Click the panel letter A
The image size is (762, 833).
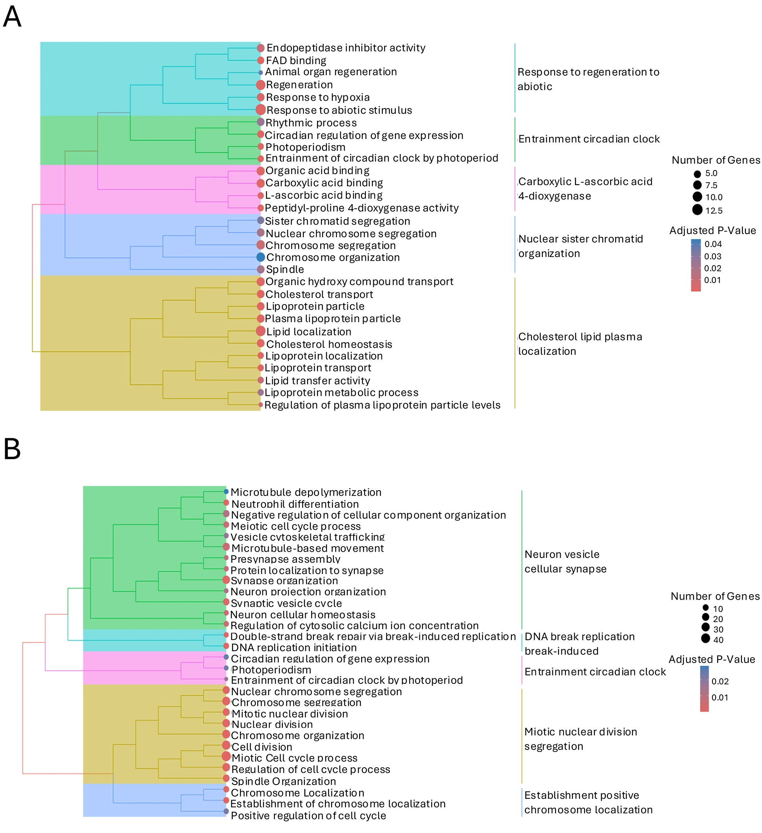(x=12, y=17)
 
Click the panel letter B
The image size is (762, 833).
(x=12, y=449)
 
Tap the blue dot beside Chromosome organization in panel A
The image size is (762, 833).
(x=260, y=257)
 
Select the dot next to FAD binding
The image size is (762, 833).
(x=260, y=60)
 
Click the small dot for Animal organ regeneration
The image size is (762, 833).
(x=260, y=73)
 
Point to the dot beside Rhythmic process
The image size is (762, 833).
(x=260, y=122)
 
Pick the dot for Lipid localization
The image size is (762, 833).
(x=260, y=331)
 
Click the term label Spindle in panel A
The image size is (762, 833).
(x=285, y=270)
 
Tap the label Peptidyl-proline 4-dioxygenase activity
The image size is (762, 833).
(x=362, y=208)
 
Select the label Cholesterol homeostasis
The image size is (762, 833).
(x=329, y=344)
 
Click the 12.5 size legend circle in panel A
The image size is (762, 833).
(x=697, y=210)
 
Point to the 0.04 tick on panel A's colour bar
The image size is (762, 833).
(x=713, y=244)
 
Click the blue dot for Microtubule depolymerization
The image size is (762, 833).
(x=226, y=491)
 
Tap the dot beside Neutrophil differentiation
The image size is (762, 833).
(x=226, y=503)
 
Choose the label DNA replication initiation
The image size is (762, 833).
(x=293, y=648)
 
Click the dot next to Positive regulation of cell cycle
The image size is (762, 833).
(x=226, y=811)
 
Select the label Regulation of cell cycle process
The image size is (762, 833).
(x=310, y=769)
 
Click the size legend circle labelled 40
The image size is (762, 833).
(x=705, y=638)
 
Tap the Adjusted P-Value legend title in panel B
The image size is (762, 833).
(x=712, y=659)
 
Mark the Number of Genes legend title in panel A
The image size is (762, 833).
(x=716, y=160)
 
